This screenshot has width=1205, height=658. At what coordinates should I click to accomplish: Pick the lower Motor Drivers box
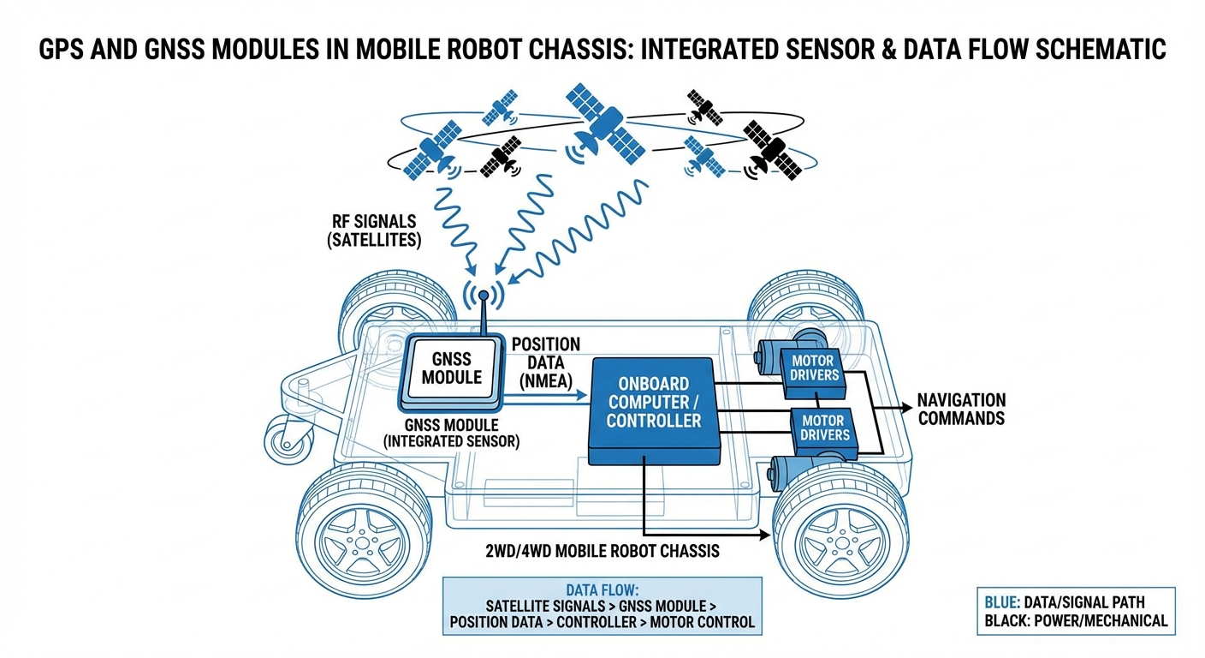825,428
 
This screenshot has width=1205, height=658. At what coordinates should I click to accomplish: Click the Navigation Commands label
961,410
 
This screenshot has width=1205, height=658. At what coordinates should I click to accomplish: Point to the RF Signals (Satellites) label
374,231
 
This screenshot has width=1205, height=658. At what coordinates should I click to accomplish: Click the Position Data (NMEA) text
545,362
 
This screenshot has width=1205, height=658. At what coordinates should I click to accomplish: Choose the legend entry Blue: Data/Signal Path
1076,601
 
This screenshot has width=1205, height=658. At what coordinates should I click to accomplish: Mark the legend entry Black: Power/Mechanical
1076,620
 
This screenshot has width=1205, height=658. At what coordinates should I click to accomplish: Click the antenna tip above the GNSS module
483,296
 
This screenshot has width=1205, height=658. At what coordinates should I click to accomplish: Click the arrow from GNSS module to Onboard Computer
548,395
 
